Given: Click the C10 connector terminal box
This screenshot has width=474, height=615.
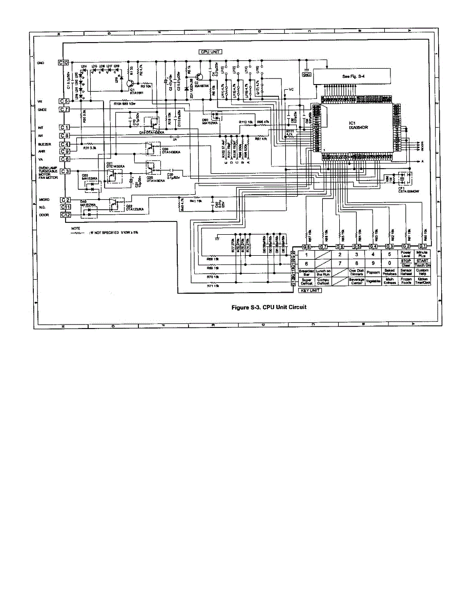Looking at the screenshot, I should [64, 63].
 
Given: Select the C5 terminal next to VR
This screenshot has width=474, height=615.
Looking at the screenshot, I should [64, 101].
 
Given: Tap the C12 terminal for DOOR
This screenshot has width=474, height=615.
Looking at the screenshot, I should [65, 214].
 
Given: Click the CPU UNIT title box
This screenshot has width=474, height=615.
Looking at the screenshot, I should [210, 52].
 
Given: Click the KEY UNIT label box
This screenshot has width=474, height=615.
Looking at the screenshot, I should [310, 291].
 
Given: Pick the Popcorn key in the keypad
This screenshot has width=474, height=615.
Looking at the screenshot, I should [373, 272].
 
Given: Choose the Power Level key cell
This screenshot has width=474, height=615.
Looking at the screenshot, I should [406, 254].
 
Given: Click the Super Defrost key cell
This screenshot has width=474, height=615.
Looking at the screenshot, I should [306, 281].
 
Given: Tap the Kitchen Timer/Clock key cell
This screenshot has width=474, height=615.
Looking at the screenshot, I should [422, 281].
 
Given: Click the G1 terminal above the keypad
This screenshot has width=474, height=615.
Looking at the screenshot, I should [423, 247].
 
